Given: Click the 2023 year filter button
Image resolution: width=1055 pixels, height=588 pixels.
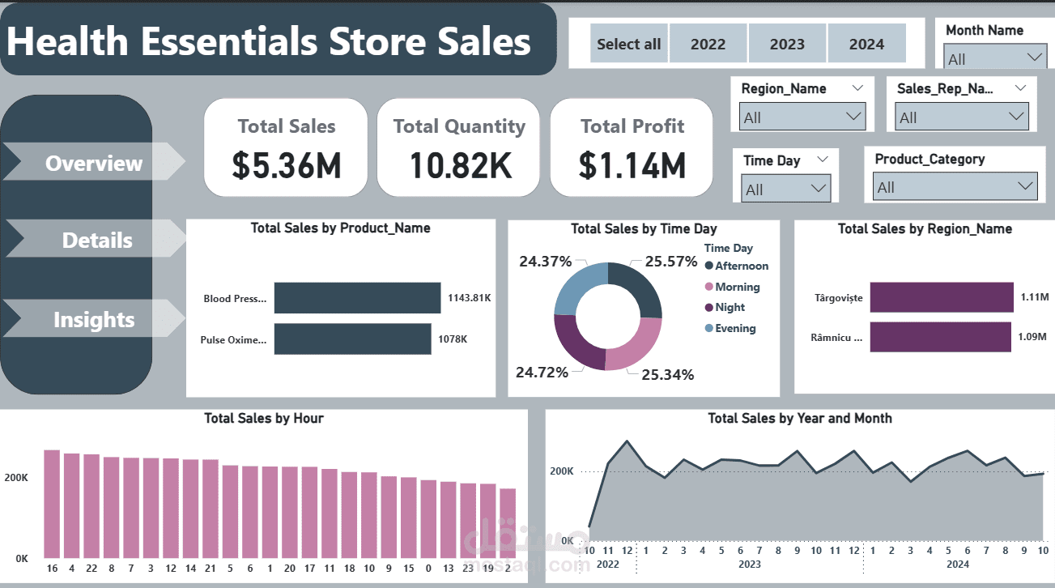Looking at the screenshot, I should click(x=787, y=45).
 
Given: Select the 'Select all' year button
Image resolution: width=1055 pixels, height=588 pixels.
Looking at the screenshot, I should click(x=628, y=45).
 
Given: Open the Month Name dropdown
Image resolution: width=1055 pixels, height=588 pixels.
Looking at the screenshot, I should click(x=995, y=58).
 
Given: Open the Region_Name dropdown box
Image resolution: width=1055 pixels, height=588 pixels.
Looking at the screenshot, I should click(x=802, y=117).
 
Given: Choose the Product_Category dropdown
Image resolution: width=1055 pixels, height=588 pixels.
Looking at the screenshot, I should click(x=955, y=187).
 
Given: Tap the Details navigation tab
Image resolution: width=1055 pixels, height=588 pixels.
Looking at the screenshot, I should click(x=97, y=241).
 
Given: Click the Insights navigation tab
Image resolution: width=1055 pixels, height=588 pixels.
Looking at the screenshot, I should click(x=94, y=320).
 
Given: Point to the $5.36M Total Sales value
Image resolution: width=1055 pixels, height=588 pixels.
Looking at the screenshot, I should click(x=287, y=165).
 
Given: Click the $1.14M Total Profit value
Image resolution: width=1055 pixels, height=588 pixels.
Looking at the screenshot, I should click(x=632, y=165).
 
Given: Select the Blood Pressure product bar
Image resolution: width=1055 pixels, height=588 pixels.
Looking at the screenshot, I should click(x=357, y=298).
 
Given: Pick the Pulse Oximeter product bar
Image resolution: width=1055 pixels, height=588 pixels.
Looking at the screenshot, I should click(x=352, y=339).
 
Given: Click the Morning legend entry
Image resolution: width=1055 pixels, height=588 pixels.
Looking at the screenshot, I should click(x=737, y=287).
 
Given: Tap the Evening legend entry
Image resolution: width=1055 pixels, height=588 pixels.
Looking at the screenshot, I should click(x=734, y=328).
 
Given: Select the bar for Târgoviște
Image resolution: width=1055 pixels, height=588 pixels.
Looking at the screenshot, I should click(x=942, y=297).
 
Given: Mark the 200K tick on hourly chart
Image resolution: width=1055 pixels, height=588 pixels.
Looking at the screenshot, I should click(x=15, y=479).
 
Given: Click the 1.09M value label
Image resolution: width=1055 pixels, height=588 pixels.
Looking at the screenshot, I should click(x=1032, y=337).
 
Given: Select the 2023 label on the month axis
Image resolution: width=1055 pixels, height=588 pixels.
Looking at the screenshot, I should click(x=750, y=564).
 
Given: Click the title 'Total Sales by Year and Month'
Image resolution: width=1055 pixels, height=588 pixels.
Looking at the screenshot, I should click(x=799, y=419).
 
